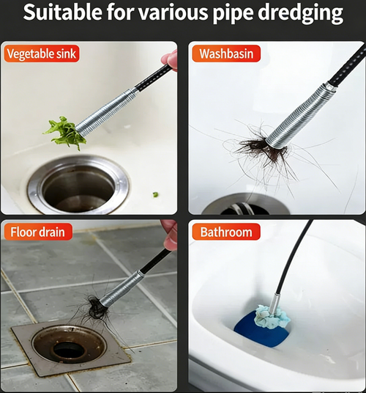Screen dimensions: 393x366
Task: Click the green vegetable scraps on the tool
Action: tap(64, 133)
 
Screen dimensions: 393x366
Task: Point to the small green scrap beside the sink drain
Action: tap(155, 194)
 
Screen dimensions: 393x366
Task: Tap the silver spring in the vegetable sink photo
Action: tap(106, 111)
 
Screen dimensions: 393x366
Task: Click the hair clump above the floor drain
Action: tap(94, 309)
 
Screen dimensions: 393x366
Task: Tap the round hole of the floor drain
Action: tap(69, 350)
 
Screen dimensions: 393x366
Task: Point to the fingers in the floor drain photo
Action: tap(170, 235)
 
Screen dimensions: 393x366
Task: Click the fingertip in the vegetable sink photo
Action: tap(171, 59)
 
